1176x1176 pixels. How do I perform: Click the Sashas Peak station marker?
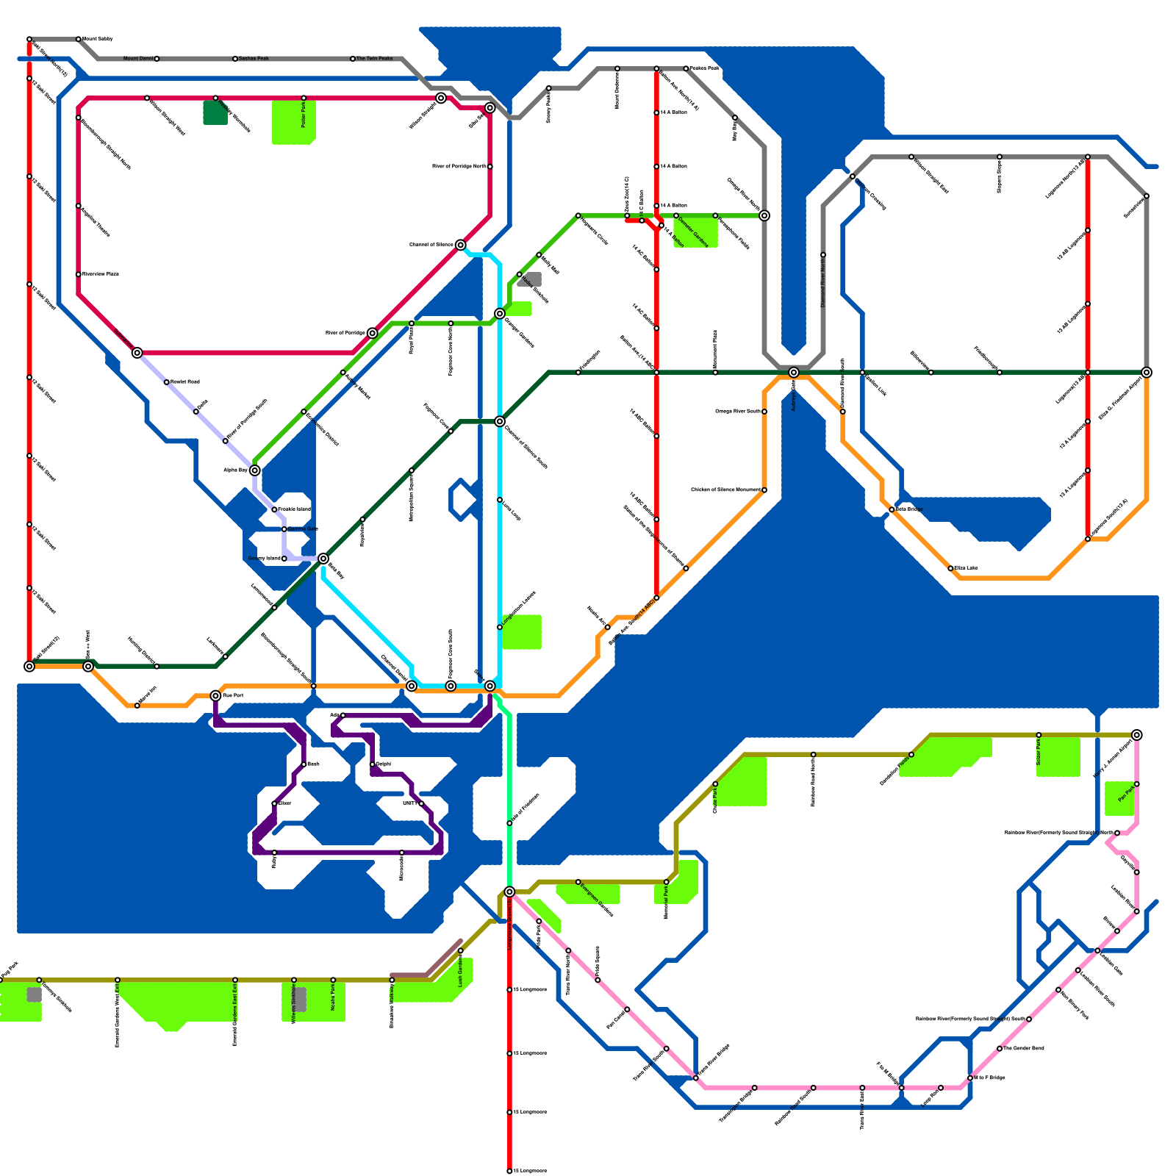[235, 59]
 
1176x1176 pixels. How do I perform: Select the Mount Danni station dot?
[157, 59]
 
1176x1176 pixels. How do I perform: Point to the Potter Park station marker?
[304, 98]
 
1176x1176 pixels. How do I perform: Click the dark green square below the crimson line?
[215, 112]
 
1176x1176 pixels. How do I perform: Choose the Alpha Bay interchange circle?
[254, 470]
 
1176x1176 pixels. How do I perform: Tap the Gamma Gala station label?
[303, 529]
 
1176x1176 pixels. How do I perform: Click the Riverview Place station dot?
[79, 274]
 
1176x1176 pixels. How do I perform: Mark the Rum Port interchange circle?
[215, 695]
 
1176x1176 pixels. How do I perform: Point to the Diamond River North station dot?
[823, 255]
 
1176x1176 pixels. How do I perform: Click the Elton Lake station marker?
[950, 568]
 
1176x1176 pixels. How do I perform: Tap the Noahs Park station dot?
[333, 980]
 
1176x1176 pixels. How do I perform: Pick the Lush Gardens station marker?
[461, 951]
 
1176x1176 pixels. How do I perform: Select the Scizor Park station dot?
[1039, 735]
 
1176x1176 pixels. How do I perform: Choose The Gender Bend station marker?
[1000, 1048]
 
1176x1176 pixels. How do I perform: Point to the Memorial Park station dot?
[667, 882]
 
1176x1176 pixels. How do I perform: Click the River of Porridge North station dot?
[490, 167]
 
